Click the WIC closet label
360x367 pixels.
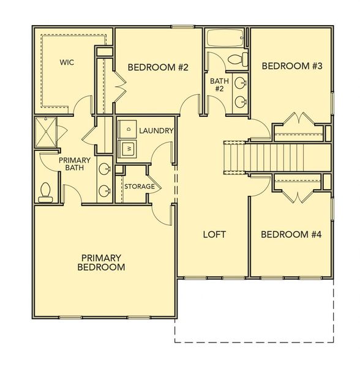point(67,62)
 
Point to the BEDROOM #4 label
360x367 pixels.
point(287,234)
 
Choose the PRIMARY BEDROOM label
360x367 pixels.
point(102,262)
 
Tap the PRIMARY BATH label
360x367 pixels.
point(75,165)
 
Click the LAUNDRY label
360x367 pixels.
point(157,130)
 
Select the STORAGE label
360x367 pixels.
point(140,186)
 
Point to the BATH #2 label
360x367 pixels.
point(219,85)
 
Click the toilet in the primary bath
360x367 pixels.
point(45,192)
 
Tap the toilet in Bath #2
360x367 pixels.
point(236,59)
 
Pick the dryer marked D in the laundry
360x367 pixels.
point(128,128)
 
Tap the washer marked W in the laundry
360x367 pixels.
point(129,147)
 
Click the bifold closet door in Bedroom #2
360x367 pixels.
point(119,86)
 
